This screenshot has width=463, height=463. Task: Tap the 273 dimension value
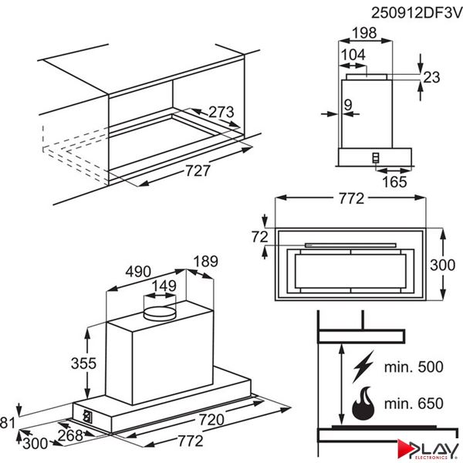tap(221, 113)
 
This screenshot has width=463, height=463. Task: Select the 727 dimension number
tap(198, 171)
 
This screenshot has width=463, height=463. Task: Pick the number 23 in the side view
tap(431, 76)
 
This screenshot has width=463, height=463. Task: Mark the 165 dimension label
tap(395, 182)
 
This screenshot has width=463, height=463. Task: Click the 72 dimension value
tap(259, 236)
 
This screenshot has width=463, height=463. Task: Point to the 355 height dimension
tap(67, 363)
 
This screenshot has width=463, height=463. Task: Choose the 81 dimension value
tap(8, 422)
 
